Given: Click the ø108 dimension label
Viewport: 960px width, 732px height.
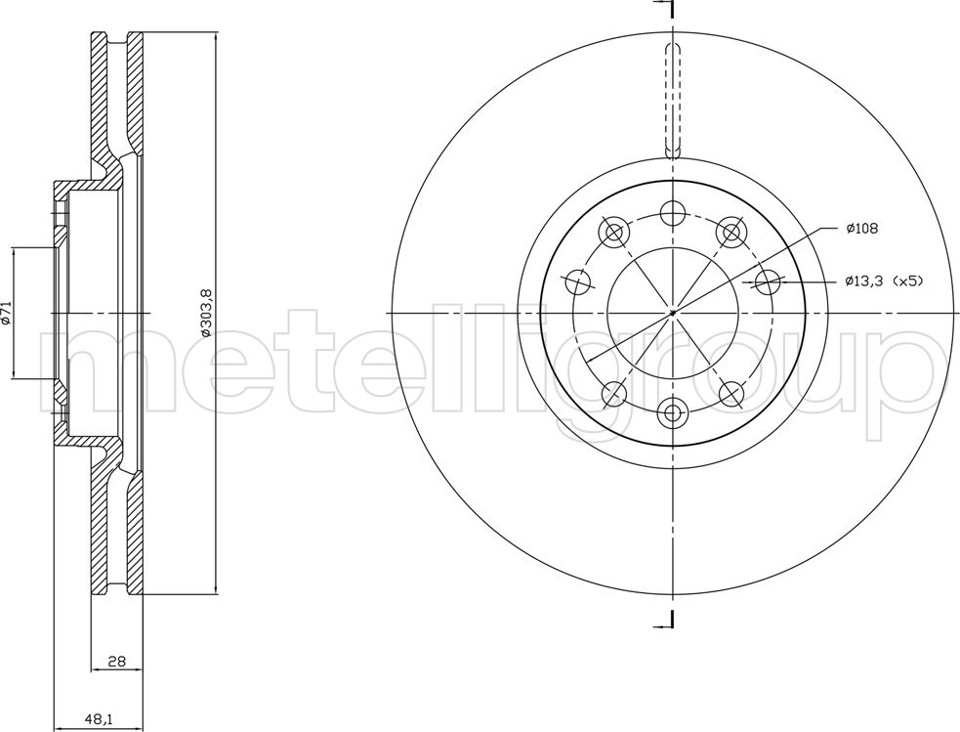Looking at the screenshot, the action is [862, 229].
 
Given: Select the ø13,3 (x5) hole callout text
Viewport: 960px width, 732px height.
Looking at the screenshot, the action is [884, 281].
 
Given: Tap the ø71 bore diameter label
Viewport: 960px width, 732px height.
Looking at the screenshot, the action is [6, 313].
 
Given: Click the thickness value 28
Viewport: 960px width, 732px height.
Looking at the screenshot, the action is [116, 661].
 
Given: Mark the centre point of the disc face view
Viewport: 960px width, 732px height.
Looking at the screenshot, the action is [673, 313].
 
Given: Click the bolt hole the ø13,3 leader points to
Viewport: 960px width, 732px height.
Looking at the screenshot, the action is [768, 282].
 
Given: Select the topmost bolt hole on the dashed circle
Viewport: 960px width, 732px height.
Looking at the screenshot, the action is [673, 213].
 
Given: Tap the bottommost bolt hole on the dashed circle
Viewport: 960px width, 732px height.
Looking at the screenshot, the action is [673, 412].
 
